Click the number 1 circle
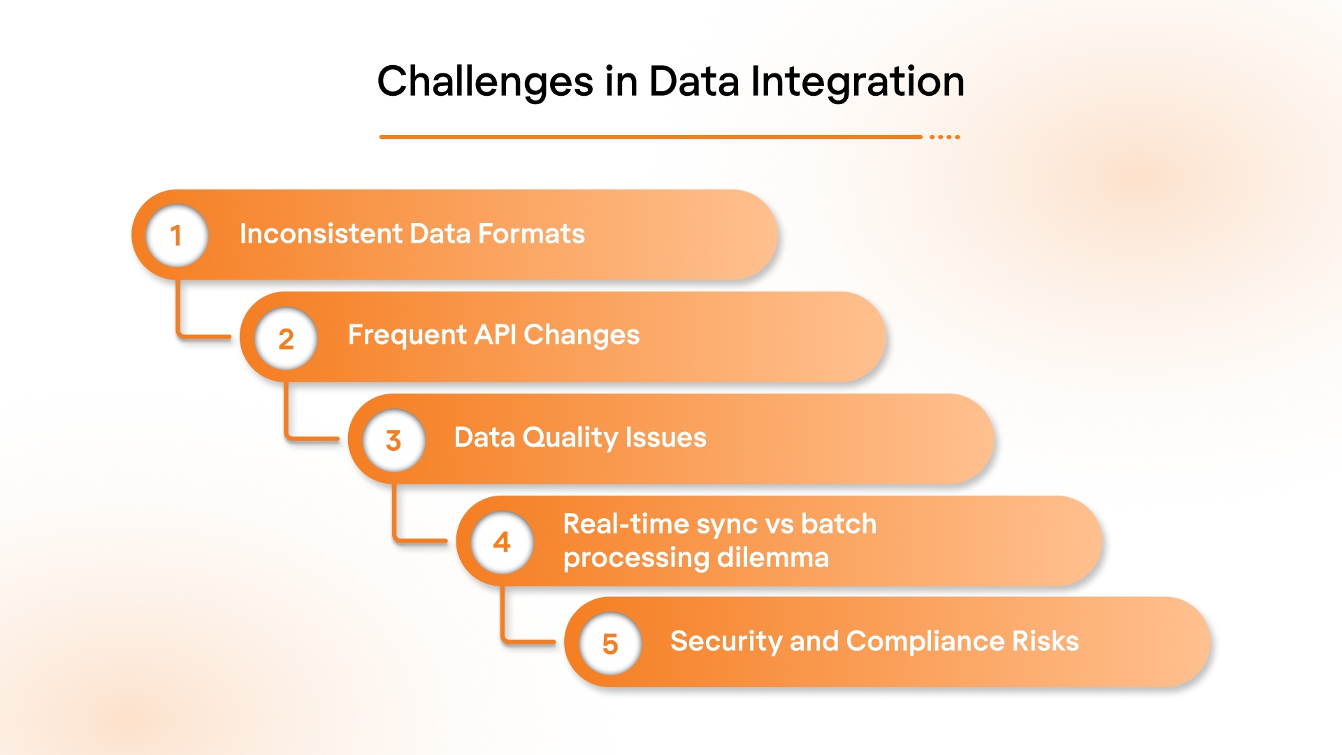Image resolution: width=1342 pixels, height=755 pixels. click(x=177, y=236)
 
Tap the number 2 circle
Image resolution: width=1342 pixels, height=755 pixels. click(x=285, y=338)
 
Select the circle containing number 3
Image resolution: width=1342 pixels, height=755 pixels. click(x=394, y=440)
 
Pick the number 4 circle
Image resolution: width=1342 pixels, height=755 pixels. click(x=502, y=542)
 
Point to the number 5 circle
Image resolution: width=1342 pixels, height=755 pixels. click(x=610, y=644)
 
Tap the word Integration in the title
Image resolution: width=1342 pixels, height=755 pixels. click(x=857, y=82)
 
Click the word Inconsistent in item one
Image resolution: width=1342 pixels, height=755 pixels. click(x=321, y=234)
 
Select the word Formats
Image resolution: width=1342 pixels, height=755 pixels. click(x=531, y=234)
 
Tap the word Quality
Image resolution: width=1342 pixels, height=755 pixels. click(x=570, y=438)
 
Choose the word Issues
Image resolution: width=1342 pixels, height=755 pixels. click(x=665, y=438)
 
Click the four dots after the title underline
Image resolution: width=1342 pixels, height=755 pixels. click(x=944, y=137)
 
